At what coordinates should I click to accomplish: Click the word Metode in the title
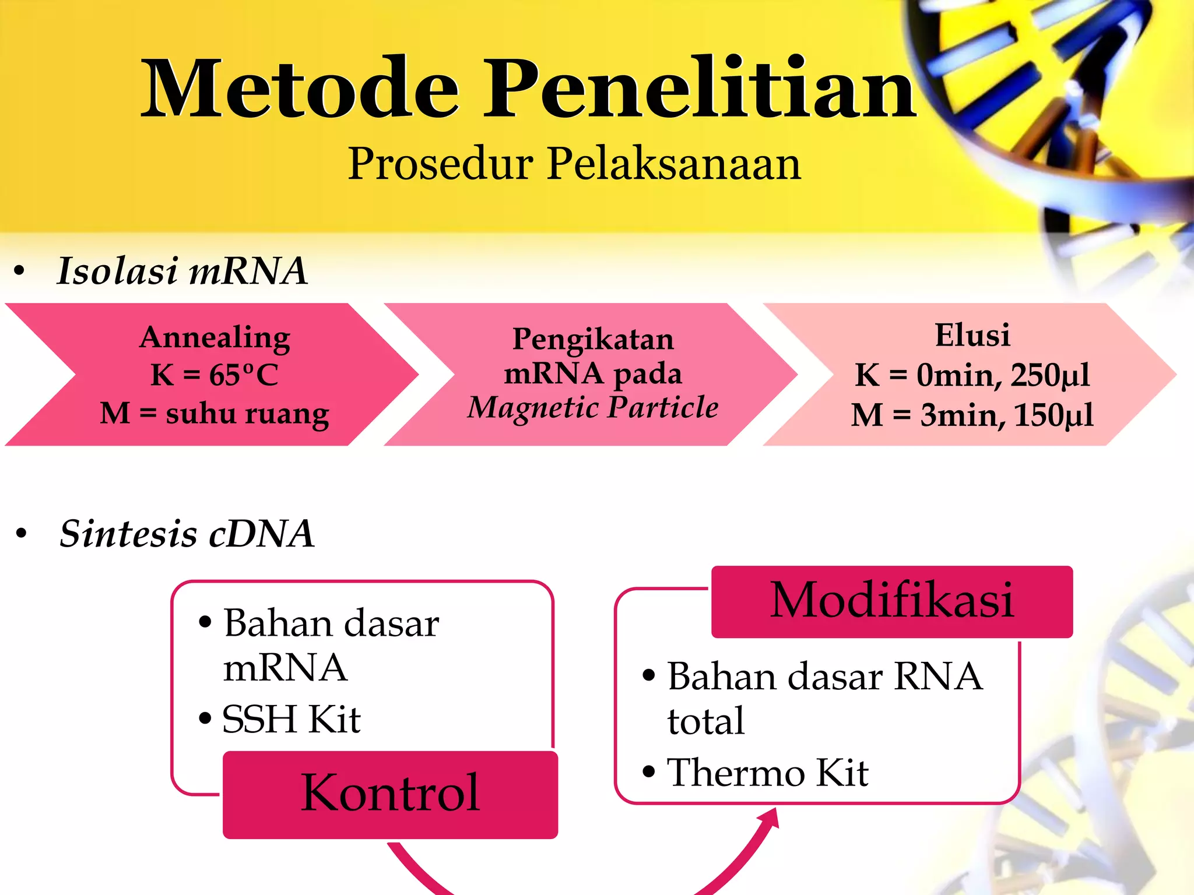300,89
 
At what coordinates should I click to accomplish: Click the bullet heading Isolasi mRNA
182,271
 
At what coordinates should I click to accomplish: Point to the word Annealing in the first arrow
215,337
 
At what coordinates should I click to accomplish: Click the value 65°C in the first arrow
244,375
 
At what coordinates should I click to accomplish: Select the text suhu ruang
247,414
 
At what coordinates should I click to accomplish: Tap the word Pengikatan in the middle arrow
593,339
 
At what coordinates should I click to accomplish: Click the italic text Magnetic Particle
593,407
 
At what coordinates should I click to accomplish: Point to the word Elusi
972,335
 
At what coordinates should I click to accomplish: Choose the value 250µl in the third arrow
1049,375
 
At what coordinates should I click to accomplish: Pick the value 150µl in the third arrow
1053,415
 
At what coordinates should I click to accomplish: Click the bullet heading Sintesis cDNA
187,533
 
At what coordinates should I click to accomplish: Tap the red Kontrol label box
390,794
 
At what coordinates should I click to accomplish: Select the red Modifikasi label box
892,601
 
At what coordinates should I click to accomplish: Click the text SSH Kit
292,719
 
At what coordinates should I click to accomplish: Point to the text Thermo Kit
767,773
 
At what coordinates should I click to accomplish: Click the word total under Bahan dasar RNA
706,721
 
